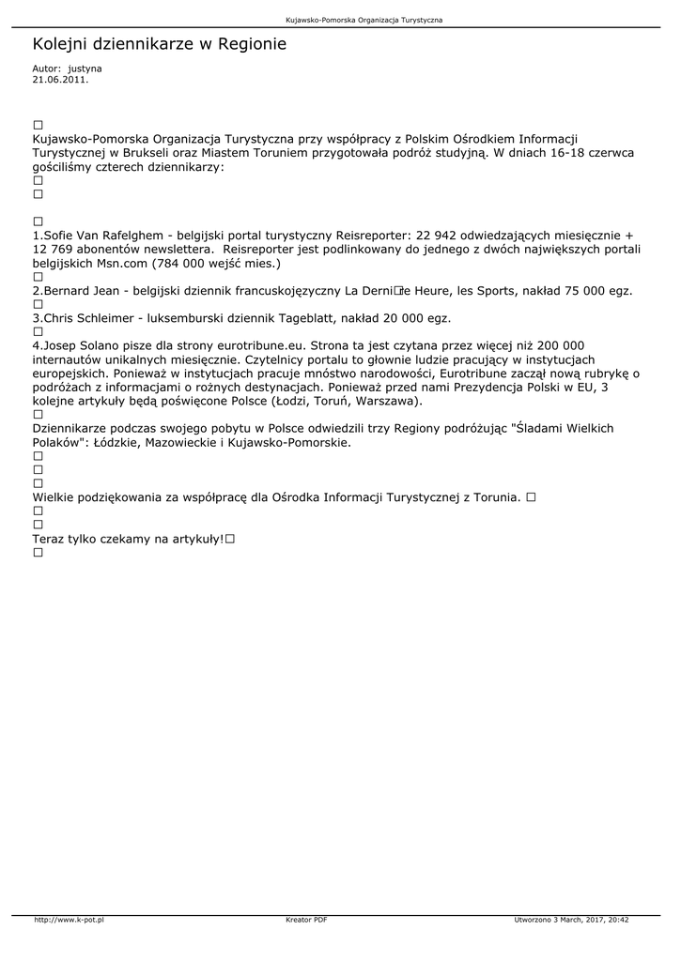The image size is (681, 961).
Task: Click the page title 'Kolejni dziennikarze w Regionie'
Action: click(x=159, y=44)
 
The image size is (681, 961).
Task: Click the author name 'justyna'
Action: click(x=85, y=69)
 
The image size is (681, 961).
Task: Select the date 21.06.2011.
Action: click(x=60, y=80)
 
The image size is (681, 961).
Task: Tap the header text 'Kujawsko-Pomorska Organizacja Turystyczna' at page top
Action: click(x=364, y=19)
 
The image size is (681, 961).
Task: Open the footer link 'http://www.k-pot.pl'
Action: click(x=69, y=920)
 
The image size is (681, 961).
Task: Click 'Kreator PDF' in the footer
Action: click(x=306, y=920)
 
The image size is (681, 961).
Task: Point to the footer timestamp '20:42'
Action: click(x=617, y=920)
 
